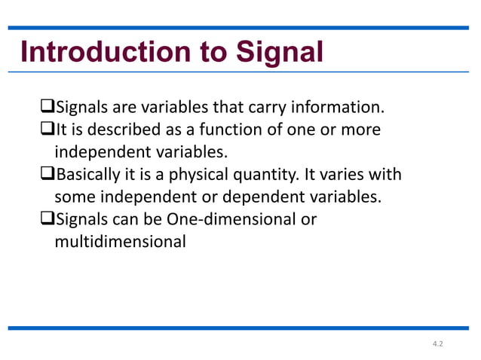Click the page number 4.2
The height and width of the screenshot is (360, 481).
pyautogui.click(x=438, y=343)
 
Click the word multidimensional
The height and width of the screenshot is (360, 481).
pyautogui.click(x=120, y=243)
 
